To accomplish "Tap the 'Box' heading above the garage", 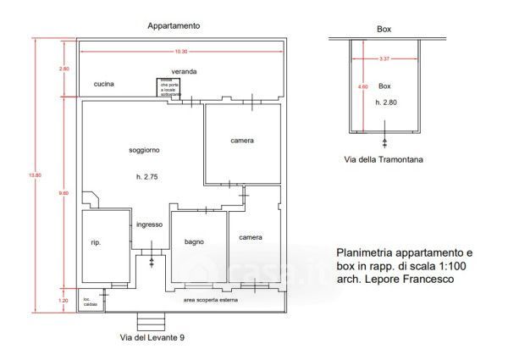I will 384,29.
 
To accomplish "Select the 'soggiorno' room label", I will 145,150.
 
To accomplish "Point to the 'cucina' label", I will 104,84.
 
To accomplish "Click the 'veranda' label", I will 184,72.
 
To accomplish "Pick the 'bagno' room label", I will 194,243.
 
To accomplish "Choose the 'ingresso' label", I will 150,224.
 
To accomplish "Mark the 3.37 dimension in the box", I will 384,58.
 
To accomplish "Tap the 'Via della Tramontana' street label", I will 384,158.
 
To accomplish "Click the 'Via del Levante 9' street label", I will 152,337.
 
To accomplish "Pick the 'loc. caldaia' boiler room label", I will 87,301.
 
